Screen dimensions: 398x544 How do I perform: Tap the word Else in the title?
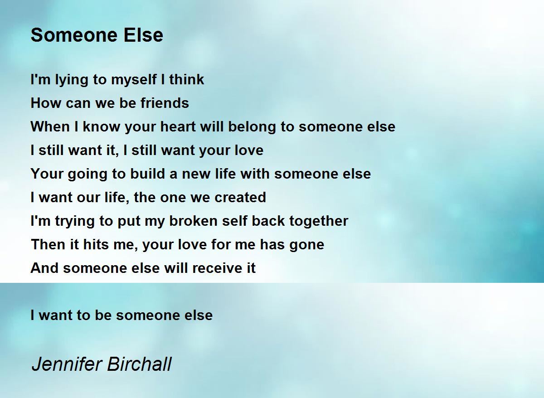click(x=146, y=35)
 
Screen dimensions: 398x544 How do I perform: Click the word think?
click(x=187, y=80)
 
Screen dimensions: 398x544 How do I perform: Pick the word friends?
click(x=165, y=103)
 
